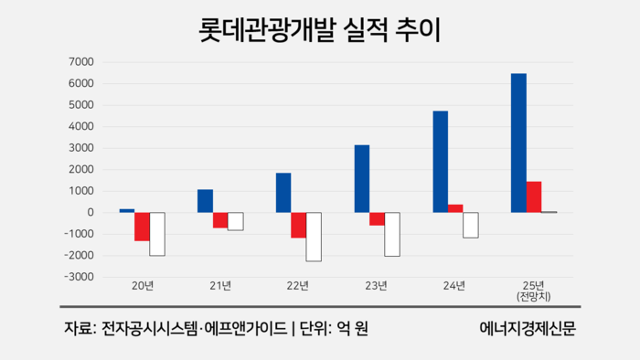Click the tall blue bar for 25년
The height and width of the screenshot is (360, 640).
pyautogui.click(x=518, y=143)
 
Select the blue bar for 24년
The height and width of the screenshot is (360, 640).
pyautogui.click(x=440, y=162)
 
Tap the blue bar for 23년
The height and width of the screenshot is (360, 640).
pyautogui.click(x=362, y=178)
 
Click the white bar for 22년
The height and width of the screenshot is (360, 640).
pyautogui.click(x=314, y=237)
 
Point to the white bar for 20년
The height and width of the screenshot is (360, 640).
pyautogui.click(x=157, y=234)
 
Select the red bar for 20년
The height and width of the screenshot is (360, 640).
pyautogui.click(x=142, y=227)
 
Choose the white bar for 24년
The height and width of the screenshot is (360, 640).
pyautogui.click(x=471, y=225)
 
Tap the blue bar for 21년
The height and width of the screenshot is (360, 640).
pyautogui.click(x=205, y=201)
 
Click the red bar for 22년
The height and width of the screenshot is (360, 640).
pyautogui.click(x=298, y=225)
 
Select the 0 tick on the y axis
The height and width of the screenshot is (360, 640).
pyautogui.click(x=91, y=212)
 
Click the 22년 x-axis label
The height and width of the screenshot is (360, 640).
pyautogui.click(x=298, y=286)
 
